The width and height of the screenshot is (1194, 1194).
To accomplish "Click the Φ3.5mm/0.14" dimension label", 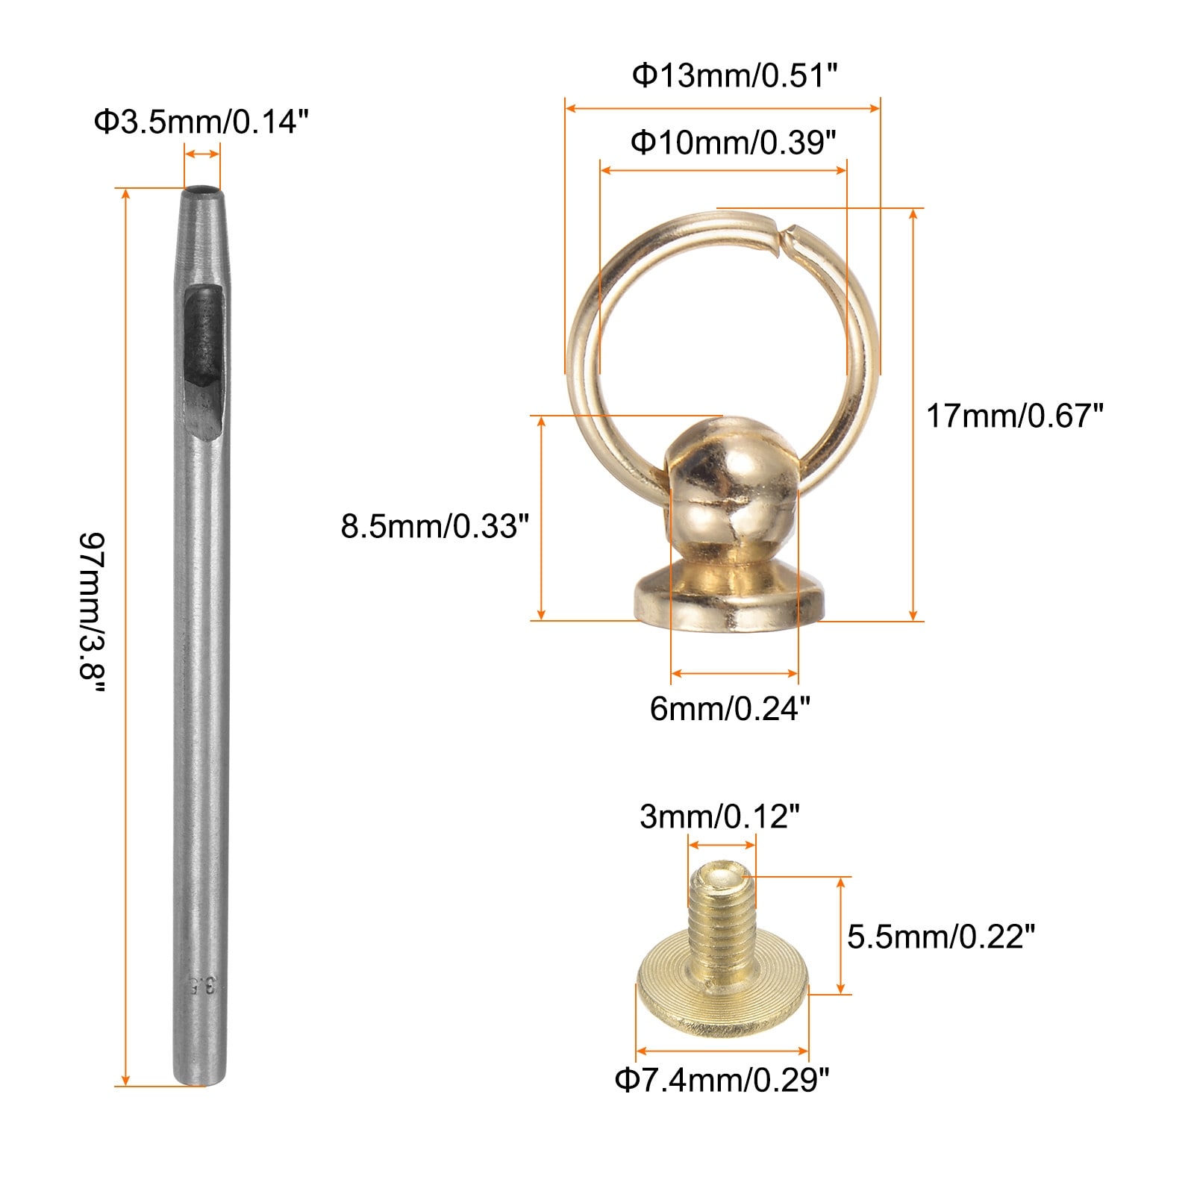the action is (201, 122).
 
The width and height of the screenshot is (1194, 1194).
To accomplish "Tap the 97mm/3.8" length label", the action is (93, 612).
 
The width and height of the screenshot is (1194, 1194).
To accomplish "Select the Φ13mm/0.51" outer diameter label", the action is (735, 75).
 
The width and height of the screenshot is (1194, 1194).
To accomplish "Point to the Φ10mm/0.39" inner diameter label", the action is (734, 141).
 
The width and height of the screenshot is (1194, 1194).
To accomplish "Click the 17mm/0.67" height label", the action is (1014, 416).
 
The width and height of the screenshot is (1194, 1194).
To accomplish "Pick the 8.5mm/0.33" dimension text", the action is (435, 526).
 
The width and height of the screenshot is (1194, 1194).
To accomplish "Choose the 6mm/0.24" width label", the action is (730, 708).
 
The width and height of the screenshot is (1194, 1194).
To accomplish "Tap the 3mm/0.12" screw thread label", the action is (719, 817).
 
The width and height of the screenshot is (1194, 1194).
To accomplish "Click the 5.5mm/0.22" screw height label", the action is (941, 937).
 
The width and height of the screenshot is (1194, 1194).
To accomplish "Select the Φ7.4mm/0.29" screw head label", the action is (722, 1080).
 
